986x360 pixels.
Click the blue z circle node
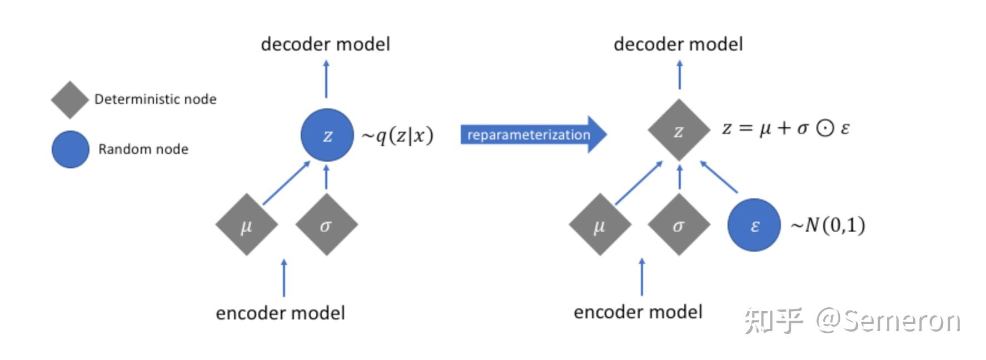click(327, 135)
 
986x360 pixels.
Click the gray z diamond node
click(679, 131)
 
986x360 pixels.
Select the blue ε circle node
click(754, 225)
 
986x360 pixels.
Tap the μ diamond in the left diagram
click(246, 225)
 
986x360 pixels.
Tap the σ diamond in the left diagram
click(326, 225)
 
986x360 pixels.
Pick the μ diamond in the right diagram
click(599, 225)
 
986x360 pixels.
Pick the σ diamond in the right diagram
click(679, 225)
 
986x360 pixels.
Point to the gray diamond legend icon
click(70, 100)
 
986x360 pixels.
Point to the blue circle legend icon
click(71, 149)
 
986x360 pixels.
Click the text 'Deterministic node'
click(155, 99)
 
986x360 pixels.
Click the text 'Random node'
click(143, 149)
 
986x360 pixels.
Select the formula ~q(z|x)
click(397, 136)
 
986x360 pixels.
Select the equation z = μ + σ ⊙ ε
click(785, 128)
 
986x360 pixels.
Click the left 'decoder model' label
click(325, 44)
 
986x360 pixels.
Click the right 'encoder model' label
click(638, 312)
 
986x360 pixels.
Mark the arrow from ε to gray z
click(719, 177)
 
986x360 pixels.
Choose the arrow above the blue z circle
click(326, 79)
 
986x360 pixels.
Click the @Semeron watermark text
click(887, 321)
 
